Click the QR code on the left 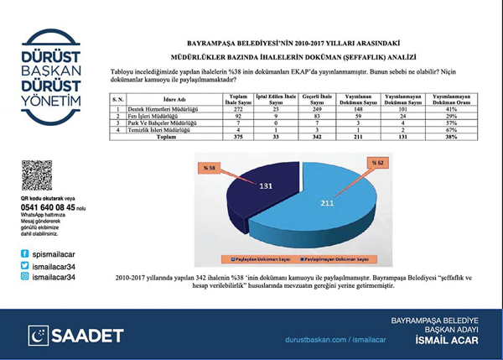point(37,175)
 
